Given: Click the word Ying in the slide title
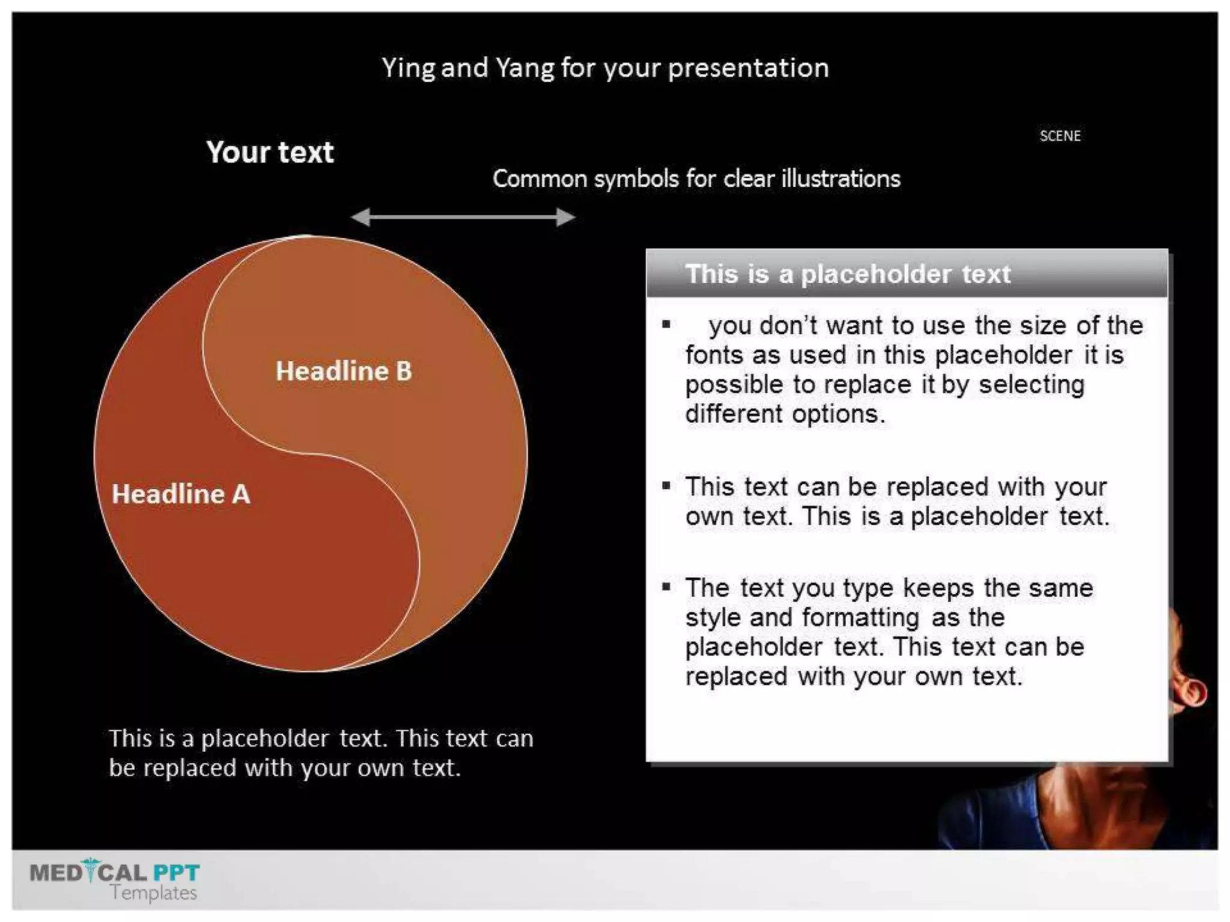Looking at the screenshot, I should coord(408,68).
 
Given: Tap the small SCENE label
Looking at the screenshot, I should coord(1060,136).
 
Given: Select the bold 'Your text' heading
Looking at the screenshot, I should coord(270,152).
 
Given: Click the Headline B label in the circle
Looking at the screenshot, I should coord(344,371).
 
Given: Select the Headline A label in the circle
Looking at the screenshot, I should coord(181,494).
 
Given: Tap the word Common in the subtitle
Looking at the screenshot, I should coord(539,179).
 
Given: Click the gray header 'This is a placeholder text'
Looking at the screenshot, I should coord(847,274).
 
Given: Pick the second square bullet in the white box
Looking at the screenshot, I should coord(666,486).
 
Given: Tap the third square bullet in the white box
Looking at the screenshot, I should coord(666,586).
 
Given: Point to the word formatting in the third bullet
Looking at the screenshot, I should coord(860,618).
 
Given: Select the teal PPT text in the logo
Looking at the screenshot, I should coord(176,872).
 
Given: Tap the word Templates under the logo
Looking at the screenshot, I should coord(153,893).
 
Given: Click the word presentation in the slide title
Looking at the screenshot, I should coord(748,68).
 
